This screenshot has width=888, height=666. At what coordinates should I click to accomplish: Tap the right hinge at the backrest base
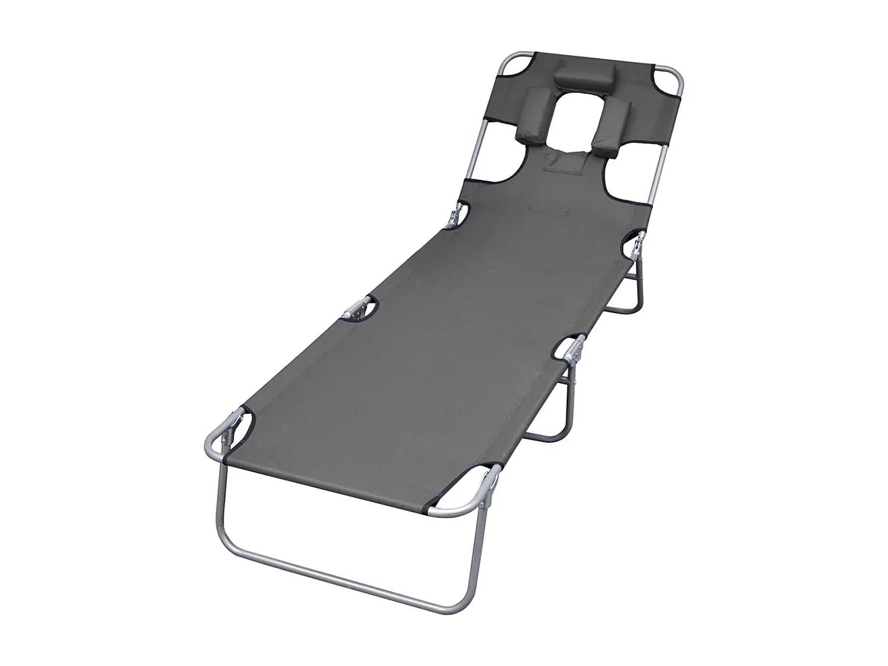[x=638, y=243]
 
